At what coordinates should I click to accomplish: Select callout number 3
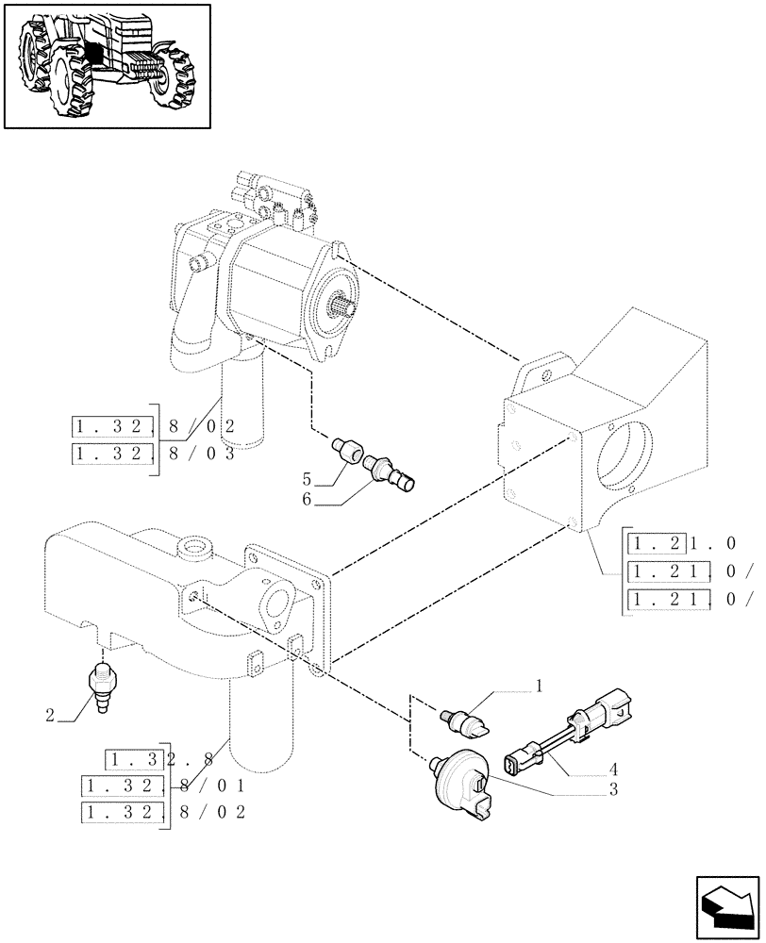613,789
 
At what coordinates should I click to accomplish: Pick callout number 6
307,499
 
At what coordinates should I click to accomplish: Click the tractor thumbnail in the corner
107,65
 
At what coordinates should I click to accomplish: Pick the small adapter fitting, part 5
350,449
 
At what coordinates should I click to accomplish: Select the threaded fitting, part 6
389,470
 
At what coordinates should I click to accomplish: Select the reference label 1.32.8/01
164,785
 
